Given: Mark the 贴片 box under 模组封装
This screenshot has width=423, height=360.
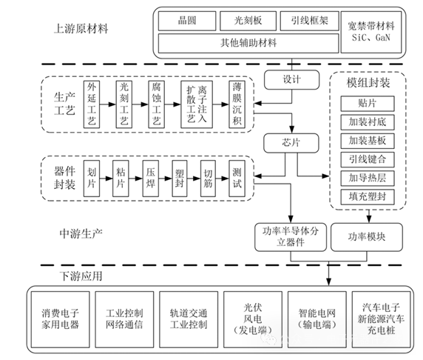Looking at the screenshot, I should click(366, 102).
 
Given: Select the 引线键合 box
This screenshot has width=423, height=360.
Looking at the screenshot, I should click(366, 159).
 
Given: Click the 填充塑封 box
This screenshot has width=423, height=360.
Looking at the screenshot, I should click(366, 196).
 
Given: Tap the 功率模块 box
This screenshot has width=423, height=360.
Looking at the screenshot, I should click(366, 237).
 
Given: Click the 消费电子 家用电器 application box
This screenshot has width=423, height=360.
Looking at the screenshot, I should click(60, 319).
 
